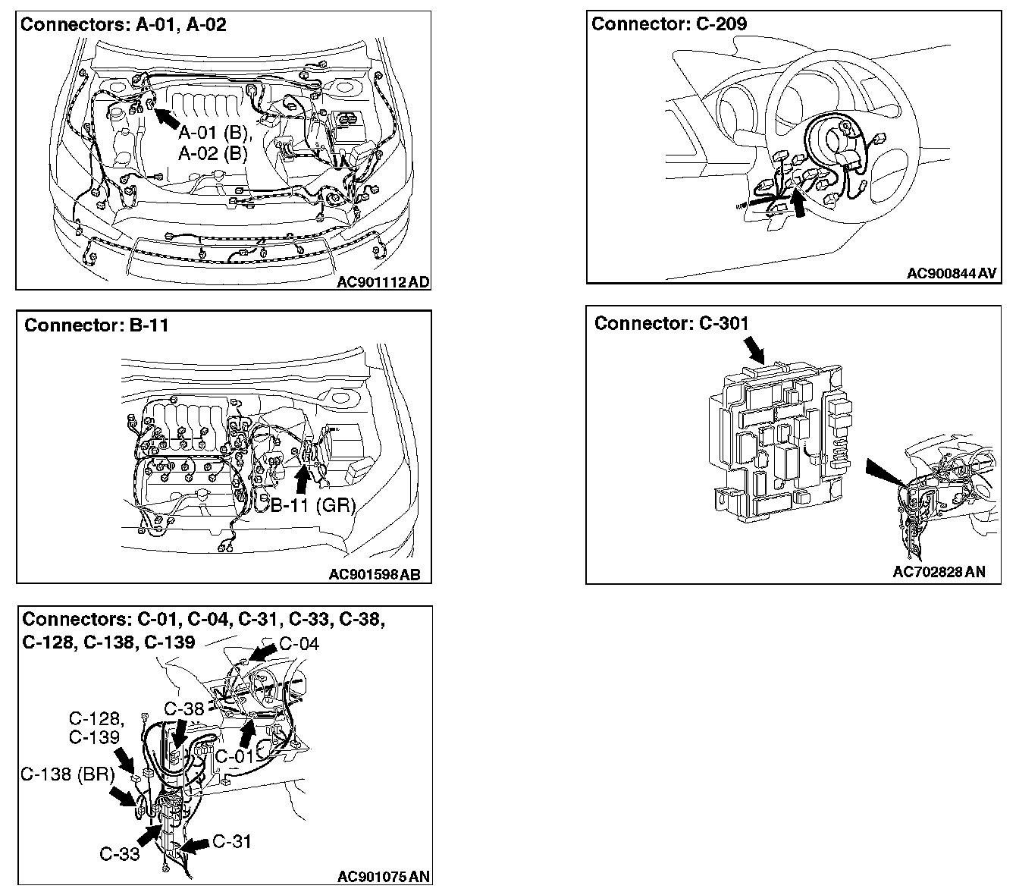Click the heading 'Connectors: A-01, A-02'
[x=123, y=24]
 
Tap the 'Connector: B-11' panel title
[x=96, y=325]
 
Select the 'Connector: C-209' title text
[x=669, y=24]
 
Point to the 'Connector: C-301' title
[x=671, y=324]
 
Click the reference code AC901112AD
[x=383, y=282]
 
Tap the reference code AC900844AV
[x=952, y=273]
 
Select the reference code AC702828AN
[x=939, y=572]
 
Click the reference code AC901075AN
[x=384, y=877]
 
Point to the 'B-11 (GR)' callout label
[x=313, y=504]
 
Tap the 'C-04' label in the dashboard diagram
[x=299, y=644]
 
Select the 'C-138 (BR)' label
[x=67, y=774]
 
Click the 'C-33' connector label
[x=120, y=854]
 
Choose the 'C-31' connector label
[x=232, y=841]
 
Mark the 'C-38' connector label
[x=183, y=709]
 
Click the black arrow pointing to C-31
[x=196, y=845]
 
